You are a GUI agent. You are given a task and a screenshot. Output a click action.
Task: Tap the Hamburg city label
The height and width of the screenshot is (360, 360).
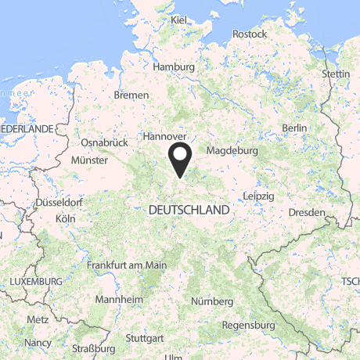(x=174, y=67)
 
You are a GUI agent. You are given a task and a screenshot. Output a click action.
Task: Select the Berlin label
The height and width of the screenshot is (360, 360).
(x=294, y=128)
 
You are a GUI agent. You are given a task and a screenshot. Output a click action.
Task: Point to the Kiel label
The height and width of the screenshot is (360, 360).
(x=178, y=19)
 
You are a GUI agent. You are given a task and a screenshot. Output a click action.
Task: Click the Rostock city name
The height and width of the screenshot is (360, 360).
(x=250, y=34)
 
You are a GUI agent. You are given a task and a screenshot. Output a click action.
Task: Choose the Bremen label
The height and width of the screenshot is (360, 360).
(x=131, y=95)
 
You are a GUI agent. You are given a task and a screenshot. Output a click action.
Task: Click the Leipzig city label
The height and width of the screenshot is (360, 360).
(x=258, y=195)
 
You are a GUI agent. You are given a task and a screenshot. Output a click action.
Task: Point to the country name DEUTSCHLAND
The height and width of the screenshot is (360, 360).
(x=189, y=211)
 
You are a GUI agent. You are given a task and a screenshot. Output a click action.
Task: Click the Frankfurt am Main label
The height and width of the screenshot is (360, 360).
(x=127, y=265)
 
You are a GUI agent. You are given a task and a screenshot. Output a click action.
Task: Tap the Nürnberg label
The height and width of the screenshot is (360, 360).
(x=211, y=301)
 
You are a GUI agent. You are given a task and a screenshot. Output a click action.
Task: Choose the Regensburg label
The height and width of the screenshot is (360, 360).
(x=248, y=325)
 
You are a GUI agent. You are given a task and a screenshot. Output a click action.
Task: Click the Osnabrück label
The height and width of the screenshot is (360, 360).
(x=104, y=143)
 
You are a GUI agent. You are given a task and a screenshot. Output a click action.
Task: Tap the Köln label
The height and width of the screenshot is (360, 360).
(x=65, y=218)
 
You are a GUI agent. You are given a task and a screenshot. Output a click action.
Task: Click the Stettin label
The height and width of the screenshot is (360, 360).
(x=336, y=74)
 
